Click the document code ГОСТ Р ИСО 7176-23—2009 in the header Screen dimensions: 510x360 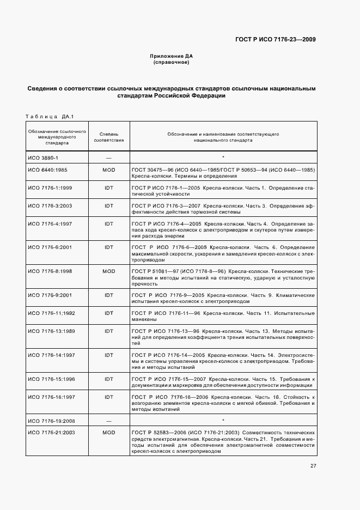pos(275,39)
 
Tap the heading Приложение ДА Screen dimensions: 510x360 pos(172,56)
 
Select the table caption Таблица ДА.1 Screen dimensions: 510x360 pos(49,116)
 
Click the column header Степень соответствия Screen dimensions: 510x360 pos(108,136)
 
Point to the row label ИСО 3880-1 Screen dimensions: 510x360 pos(43,157)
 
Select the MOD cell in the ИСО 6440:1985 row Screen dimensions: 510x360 pos(108,170)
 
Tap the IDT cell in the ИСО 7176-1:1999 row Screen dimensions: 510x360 pos(108,187)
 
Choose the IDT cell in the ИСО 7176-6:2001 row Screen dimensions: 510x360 pos(108,247)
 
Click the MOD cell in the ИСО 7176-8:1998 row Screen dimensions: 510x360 pos(108,271)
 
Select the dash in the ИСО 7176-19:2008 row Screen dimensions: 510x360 pos(108,420)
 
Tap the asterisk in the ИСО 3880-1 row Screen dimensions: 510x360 pos(223,157)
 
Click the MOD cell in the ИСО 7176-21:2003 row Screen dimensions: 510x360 pos(108,432)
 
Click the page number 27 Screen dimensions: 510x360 pos(313,465)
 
